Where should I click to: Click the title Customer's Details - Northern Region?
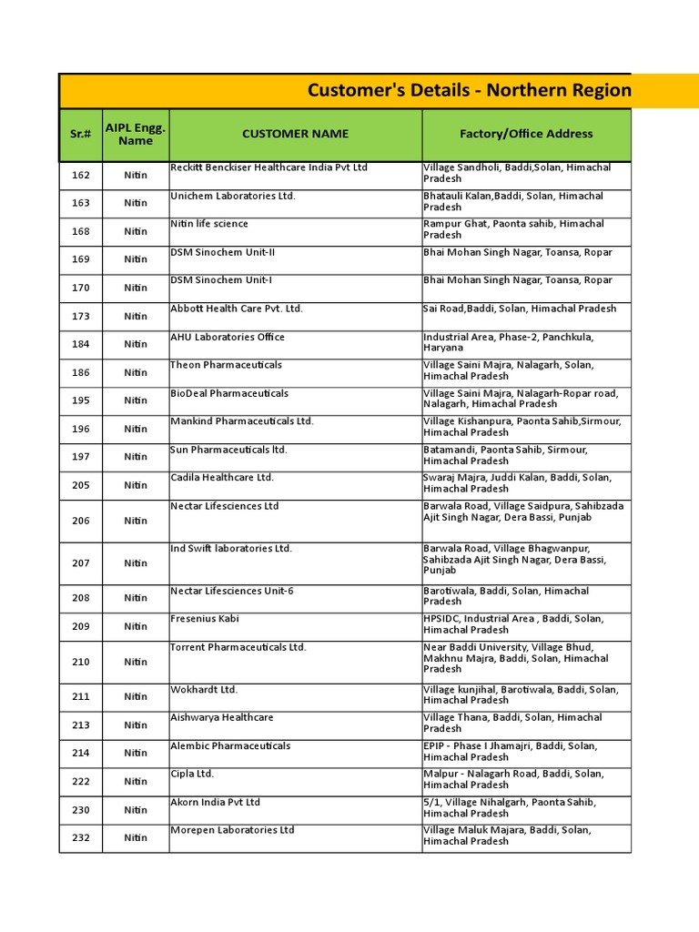469,90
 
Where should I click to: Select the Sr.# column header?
80,134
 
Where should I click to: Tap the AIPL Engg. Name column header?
136,134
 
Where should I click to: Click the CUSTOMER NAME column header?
295,134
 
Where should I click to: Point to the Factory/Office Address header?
526,134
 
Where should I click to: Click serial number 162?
80,174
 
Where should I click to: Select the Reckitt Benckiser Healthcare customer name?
269,167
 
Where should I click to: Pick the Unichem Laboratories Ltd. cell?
233,196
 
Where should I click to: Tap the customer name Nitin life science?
209,224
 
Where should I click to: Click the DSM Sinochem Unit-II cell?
223,252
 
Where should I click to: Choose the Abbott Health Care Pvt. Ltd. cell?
237,309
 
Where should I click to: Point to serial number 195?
80,400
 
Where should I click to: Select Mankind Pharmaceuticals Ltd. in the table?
242,421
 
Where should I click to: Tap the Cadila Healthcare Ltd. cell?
222,478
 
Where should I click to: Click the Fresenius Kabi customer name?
205,619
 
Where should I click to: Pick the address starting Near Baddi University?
516,658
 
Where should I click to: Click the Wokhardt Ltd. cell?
204,690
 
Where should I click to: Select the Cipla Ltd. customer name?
192,775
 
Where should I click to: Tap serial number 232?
80,837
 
